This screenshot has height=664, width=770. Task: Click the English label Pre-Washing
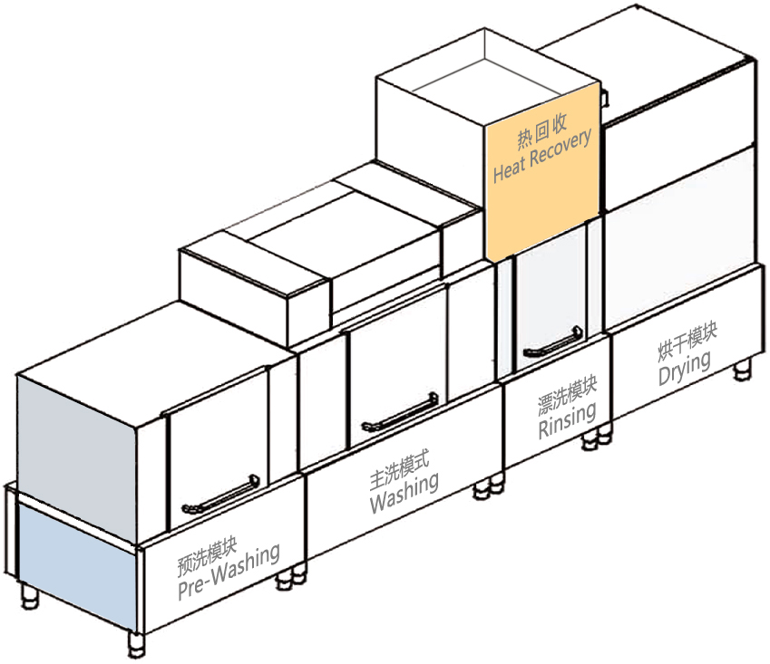pyautogui.click(x=229, y=573)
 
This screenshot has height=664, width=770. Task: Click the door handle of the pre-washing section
pyautogui.click(x=220, y=495)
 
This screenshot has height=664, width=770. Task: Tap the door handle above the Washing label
pyautogui.click(x=400, y=413)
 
